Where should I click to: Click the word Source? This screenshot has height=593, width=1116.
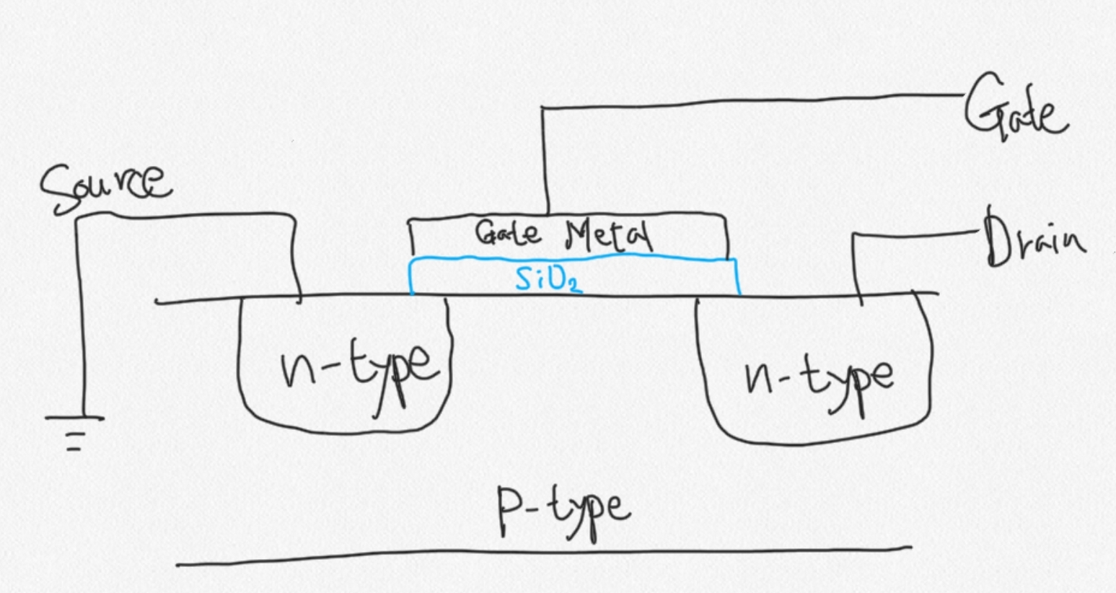[105, 186]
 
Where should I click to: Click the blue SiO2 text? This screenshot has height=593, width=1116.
[548, 278]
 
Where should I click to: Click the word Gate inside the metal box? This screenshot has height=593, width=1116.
[508, 232]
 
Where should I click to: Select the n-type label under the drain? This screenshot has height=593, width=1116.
[819, 379]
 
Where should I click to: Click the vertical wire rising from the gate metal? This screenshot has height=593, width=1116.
[545, 159]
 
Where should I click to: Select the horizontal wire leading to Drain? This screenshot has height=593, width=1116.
[916, 233]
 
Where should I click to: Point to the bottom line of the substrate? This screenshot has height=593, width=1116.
[541, 556]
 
